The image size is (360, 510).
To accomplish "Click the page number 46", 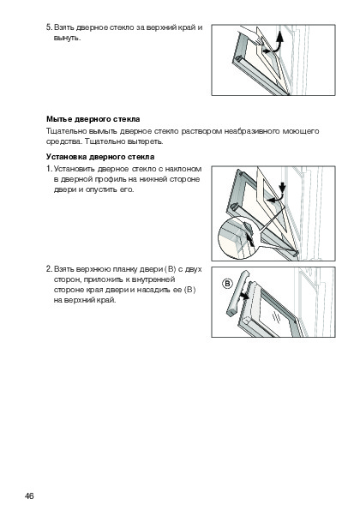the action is pyautogui.click(x=29, y=495).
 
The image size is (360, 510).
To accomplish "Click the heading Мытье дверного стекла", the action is pyautogui.click(x=93, y=119).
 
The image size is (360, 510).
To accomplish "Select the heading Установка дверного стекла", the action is pyautogui.click(x=100, y=157).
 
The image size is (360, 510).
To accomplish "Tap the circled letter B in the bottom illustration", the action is pyautogui.click(x=227, y=284).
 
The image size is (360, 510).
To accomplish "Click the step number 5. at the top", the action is pyautogui.click(x=49, y=27).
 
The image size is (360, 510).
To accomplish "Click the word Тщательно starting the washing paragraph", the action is pyautogui.click(x=66, y=131).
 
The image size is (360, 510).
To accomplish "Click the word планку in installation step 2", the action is pyautogui.click(x=124, y=269).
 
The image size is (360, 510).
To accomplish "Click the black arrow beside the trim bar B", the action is pyautogui.click(x=243, y=296).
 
